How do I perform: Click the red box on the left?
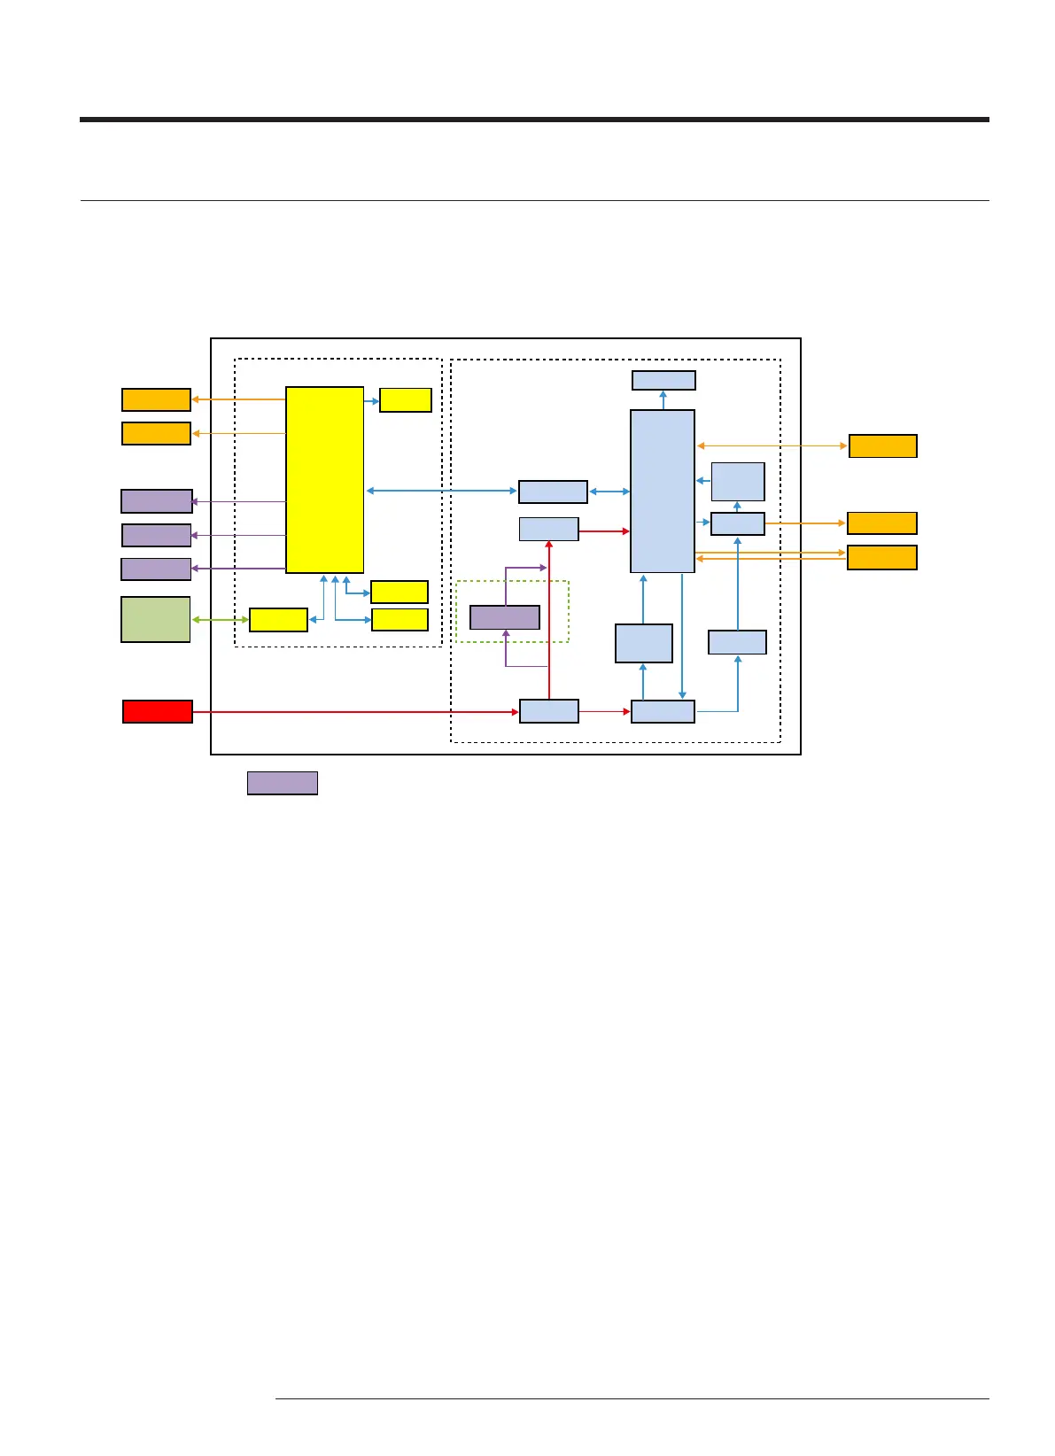point(157,711)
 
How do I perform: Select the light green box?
point(155,619)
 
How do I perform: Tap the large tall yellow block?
point(324,480)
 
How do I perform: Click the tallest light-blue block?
point(662,491)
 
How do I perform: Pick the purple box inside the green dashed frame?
point(504,617)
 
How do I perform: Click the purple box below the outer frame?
point(282,783)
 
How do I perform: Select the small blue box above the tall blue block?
point(663,380)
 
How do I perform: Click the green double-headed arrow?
point(221,620)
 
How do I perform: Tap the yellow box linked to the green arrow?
point(278,620)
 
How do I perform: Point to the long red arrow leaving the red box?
point(354,712)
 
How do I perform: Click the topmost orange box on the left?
point(156,399)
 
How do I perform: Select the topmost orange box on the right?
point(882,445)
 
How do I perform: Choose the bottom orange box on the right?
point(881,557)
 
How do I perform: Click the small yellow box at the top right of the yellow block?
point(406,400)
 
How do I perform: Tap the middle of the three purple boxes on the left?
point(156,535)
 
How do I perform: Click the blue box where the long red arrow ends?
point(548,711)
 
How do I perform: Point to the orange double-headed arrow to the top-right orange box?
point(772,445)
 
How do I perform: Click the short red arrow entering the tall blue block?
point(603,531)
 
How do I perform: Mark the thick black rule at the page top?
point(534,119)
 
